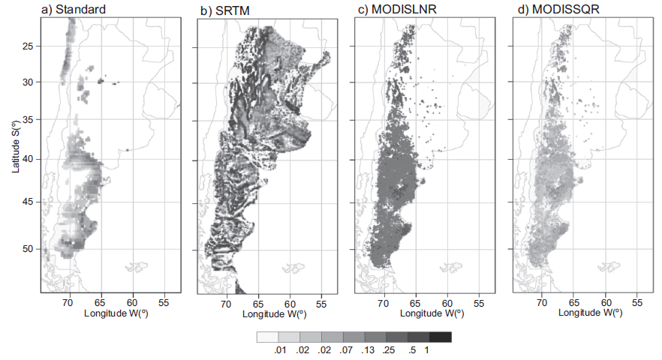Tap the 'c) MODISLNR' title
point(390,10)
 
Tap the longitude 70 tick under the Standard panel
point(68,302)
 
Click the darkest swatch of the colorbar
point(441,337)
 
